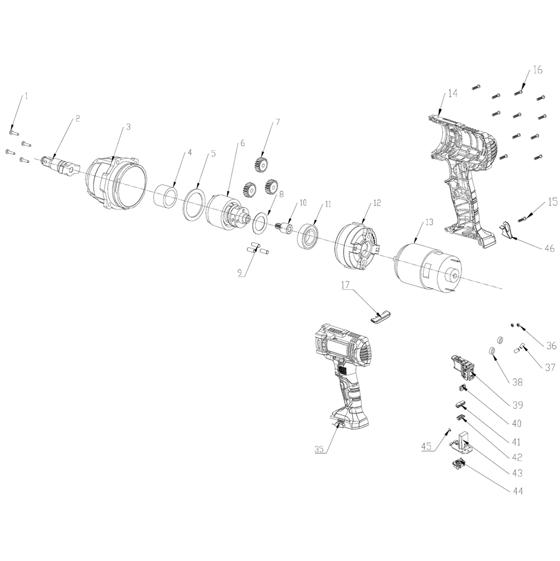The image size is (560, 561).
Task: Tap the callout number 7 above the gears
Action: pos(278,123)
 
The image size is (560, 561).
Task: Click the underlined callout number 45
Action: pos(427,446)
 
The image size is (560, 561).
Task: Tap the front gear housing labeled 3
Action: pos(116,184)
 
